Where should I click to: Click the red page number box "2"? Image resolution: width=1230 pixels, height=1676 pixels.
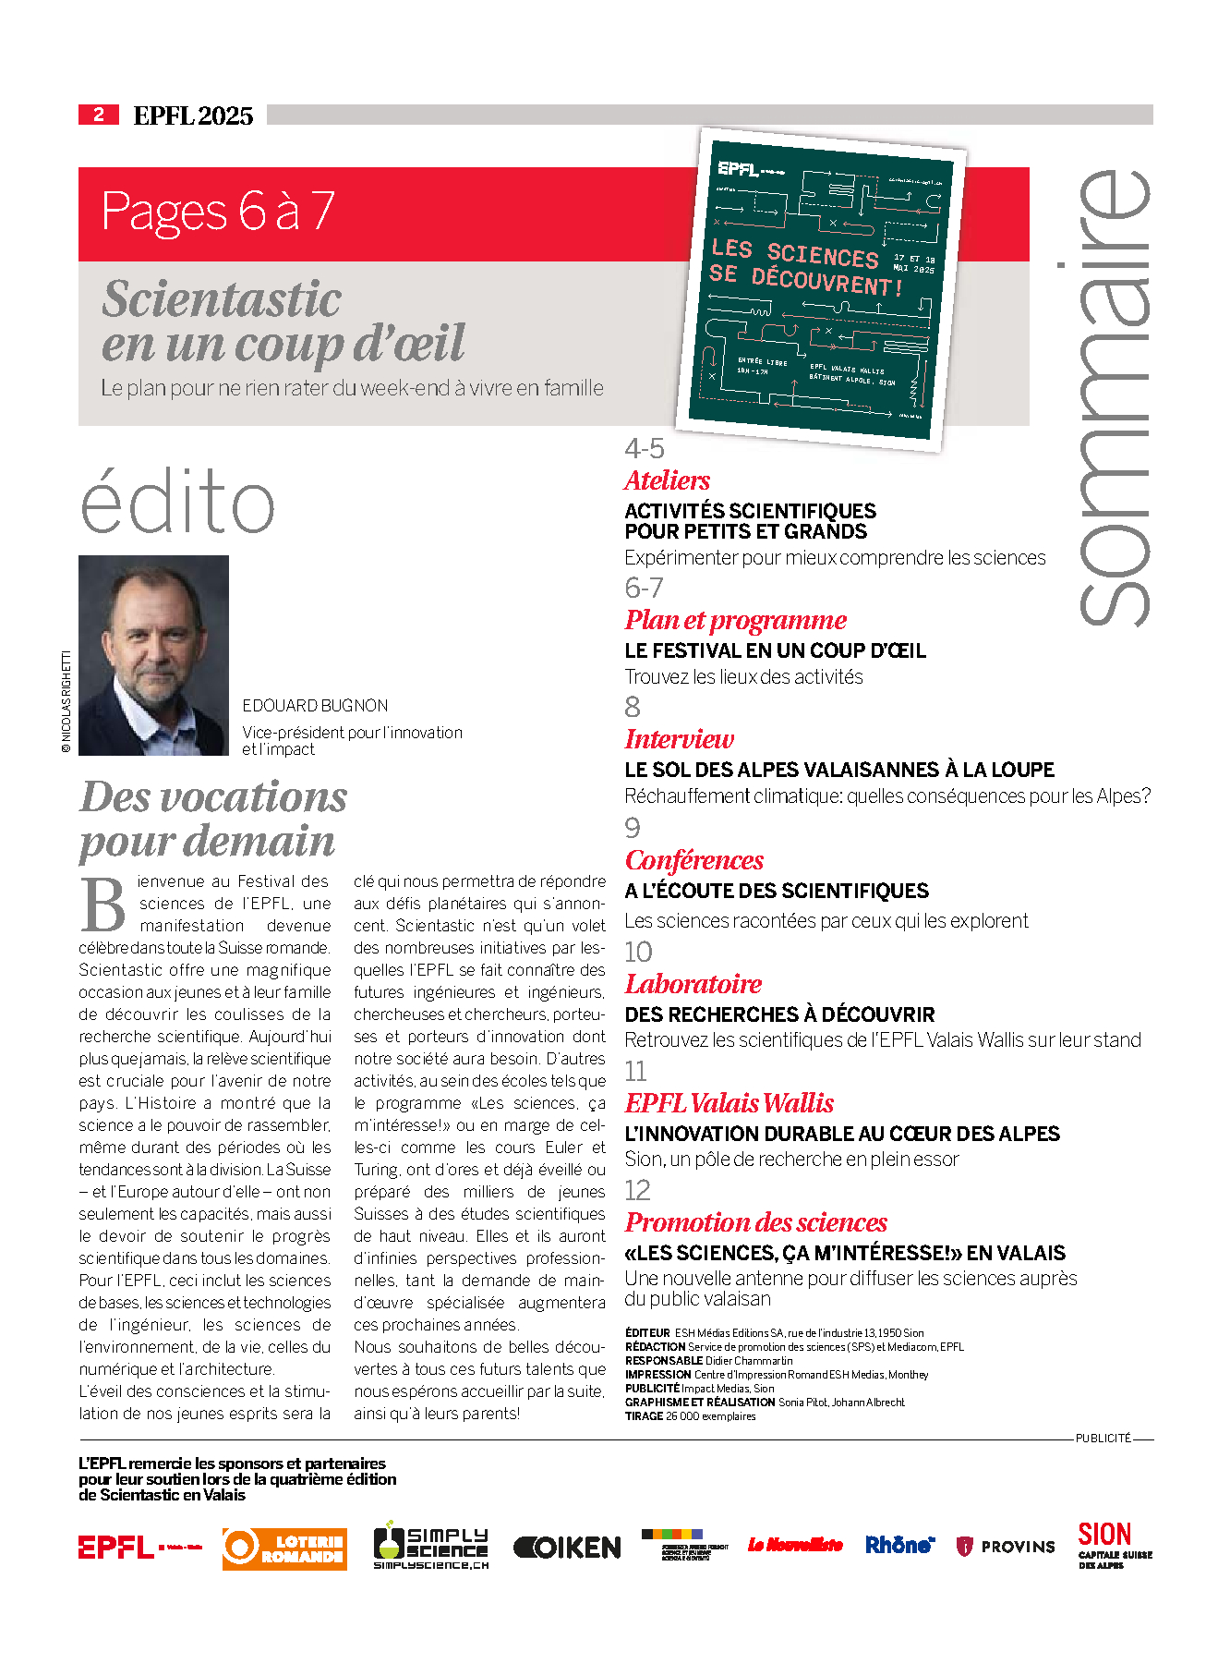(x=98, y=115)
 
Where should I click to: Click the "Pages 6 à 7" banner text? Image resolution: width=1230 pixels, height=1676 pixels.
(x=217, y=212)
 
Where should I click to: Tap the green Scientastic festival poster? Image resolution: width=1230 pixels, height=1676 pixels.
(x=821, y=288)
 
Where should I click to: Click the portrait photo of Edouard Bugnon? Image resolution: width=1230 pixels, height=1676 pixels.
(x=153, y=655)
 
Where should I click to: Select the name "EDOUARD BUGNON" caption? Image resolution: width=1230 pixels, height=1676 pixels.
(x=315, y=706)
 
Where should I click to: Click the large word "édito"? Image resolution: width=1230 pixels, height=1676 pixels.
(x=177, y=502)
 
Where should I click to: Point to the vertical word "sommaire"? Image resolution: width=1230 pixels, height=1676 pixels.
(x=1114, y=397)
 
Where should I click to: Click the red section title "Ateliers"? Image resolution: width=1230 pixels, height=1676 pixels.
(x=667, y=480)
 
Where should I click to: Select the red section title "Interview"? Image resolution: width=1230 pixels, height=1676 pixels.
(x=679, y=739)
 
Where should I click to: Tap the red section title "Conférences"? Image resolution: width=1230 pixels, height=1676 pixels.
(x=693, y=860)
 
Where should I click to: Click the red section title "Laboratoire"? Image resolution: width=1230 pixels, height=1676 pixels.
(x=693, y=984)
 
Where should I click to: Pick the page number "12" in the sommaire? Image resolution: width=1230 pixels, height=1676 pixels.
(x=637, y=1190)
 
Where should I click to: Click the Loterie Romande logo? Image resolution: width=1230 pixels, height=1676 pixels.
(x=284, y=1548)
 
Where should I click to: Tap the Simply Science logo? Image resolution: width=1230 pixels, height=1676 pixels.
(x=430, y=1547)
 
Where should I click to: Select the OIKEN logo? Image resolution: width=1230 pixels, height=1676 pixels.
(x=567, y=1548)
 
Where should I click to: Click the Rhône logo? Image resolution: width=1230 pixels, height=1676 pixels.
(x=899, y=1545)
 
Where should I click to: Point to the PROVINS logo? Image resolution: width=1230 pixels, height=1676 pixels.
(x=1005, y=1547)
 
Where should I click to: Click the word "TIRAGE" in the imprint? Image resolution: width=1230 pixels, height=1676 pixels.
(x=644, y=1416)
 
